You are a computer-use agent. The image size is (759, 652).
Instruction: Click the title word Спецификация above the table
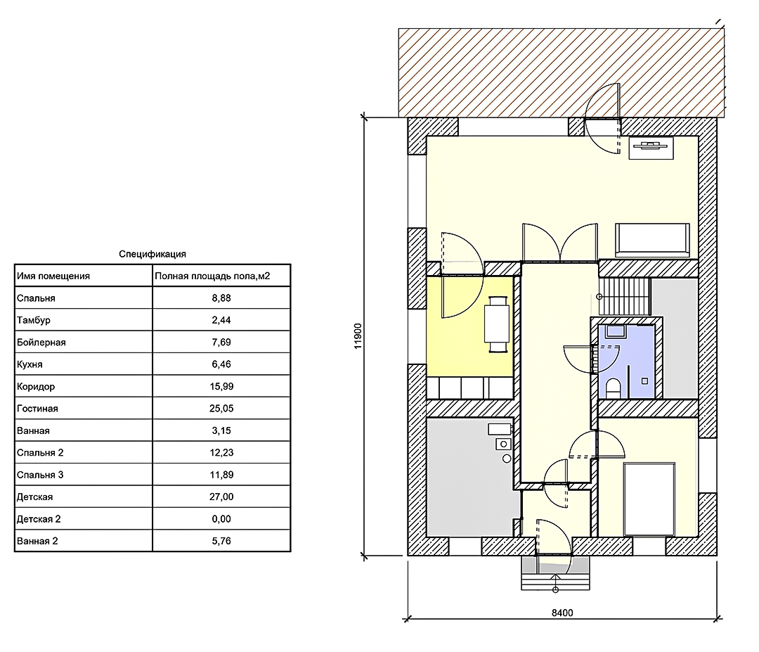tap(153, 254)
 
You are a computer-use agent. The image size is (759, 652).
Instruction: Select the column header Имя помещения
tap(53, 276)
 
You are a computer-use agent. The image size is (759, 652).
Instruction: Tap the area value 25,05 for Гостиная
tap(221, 409)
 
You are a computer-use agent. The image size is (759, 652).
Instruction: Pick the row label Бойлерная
tap(41, 343)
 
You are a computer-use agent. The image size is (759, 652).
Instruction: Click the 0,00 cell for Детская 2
tap(221, 519)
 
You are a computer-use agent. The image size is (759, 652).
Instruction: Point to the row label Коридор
tap(36, 387)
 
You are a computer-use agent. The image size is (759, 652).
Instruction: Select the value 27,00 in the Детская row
tap(221, 497)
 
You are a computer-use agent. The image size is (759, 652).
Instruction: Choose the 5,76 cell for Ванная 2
tap(221, 541)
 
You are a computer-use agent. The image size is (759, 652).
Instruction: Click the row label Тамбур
tap(34, 320)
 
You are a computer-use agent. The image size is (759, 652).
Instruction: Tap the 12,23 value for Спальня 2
tap(221, 452)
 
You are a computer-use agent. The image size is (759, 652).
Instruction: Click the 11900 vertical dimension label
tap(358, 335)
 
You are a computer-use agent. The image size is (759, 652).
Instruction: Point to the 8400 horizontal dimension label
tap(562, 613)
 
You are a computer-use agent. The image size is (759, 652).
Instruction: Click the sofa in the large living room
tap(652, 240)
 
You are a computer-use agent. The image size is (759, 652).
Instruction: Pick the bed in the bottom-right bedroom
tap(649, 499)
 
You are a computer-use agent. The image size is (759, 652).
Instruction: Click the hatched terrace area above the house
tap(562, 72)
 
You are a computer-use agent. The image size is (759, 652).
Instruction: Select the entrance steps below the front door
tap(555, 573)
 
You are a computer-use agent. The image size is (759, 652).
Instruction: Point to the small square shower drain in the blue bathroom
tap(644, 381)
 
